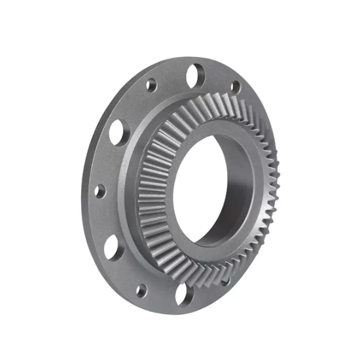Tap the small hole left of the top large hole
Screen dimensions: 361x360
click(152, 84)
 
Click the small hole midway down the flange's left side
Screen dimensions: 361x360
click(99, 192)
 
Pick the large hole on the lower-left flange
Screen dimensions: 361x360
click(112, 247)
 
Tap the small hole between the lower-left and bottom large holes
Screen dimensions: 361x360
click(141, 290)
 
